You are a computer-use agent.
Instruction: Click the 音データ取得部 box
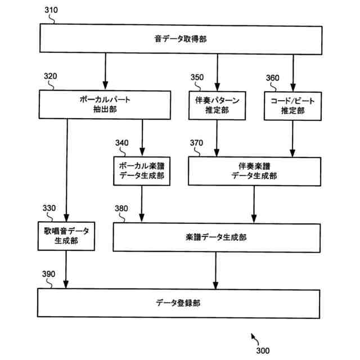point(180,39)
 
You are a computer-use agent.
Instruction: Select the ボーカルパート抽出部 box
point(104,105)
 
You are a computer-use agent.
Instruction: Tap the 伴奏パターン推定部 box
point(217,105)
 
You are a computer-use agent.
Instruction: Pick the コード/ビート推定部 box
point(292,105)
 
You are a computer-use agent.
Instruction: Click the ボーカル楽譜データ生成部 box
point(142,171)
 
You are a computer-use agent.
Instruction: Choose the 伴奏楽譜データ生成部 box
point(254,171)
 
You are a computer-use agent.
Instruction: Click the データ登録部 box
point(179,303)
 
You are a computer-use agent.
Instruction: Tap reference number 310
point(49,10)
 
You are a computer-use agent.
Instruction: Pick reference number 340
point(122,142)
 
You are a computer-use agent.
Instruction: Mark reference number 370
point(197,142)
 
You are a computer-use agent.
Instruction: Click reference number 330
point(49,208)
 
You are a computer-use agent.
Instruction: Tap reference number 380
point(121,208)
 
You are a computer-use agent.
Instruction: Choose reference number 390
point(49,274)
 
